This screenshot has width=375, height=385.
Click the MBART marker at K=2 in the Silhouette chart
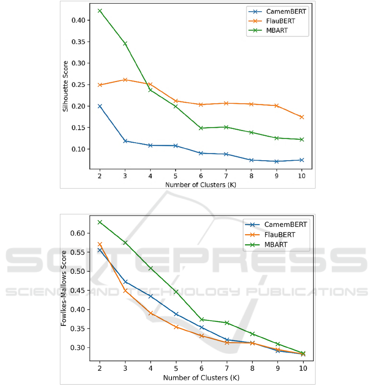point(99,10)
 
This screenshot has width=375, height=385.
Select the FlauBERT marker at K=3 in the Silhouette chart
point(125,79)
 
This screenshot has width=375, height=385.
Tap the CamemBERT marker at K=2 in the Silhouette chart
point(99,106)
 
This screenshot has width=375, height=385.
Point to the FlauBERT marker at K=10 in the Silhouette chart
point(302,117)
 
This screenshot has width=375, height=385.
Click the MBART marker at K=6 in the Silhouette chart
point(201,128)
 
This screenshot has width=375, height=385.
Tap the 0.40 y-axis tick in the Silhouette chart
point(78,20)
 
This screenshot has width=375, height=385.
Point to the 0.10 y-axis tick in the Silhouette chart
point(78,149)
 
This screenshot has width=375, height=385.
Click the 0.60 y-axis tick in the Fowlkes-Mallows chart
point(78,233)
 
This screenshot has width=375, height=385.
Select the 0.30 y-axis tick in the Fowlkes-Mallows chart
point(78,348)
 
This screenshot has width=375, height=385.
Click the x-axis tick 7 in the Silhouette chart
point(226,176)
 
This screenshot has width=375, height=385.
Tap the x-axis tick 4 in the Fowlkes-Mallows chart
point(150,369)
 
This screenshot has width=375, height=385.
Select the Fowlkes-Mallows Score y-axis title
point(64,290)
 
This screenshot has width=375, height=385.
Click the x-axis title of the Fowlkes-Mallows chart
point(201,378)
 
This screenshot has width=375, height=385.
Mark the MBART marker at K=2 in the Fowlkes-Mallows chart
point(99,222)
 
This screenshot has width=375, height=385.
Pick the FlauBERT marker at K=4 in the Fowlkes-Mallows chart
point(150,313)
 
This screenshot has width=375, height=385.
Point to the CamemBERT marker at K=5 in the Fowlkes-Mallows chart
point(176,314)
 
